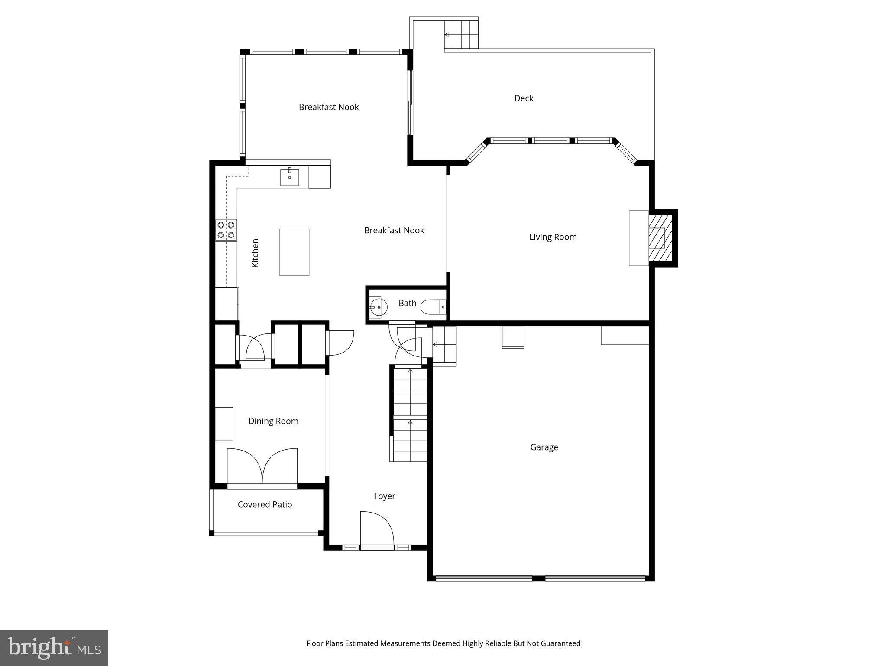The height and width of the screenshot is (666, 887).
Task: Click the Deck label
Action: pyautogui.click(x=523, y=98)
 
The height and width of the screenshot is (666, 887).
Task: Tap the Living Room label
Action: pyautogui.click(x=553, y=237)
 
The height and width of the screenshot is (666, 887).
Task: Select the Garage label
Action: pyautogui.click(x=544, y=447)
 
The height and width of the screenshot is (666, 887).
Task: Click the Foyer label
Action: pyautogui.click(x=384, y=496)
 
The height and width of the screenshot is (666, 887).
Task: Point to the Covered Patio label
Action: pyautogui.click(x=265, y=504)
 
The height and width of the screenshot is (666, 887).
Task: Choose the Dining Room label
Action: pyautogui.click(x=273, y=421)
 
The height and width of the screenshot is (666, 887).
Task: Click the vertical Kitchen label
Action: pyautogui.click(x=255, y=253)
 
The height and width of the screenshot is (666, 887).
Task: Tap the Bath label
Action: pyautogui.click(x=407, y=303)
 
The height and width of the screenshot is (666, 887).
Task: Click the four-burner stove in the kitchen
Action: pyautogui.click(x=226, y=230)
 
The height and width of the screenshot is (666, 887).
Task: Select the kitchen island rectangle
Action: pyautogui.click(x=294, y=252)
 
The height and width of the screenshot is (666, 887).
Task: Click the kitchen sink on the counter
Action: pyautogui.click(x=289, y=177)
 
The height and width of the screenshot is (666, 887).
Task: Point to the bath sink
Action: pyautogui.click(x=376, y=307)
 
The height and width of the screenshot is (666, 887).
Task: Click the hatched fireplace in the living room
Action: pyautogui.click(x=660, y=238)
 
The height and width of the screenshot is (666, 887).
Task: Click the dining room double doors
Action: pyautogui.click(x=262, y=466)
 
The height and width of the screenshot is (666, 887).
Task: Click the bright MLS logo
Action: pyautogui.click(x=54, y=648)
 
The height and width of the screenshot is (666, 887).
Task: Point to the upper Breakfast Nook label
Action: pyautogui.click(x=328, y=107)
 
